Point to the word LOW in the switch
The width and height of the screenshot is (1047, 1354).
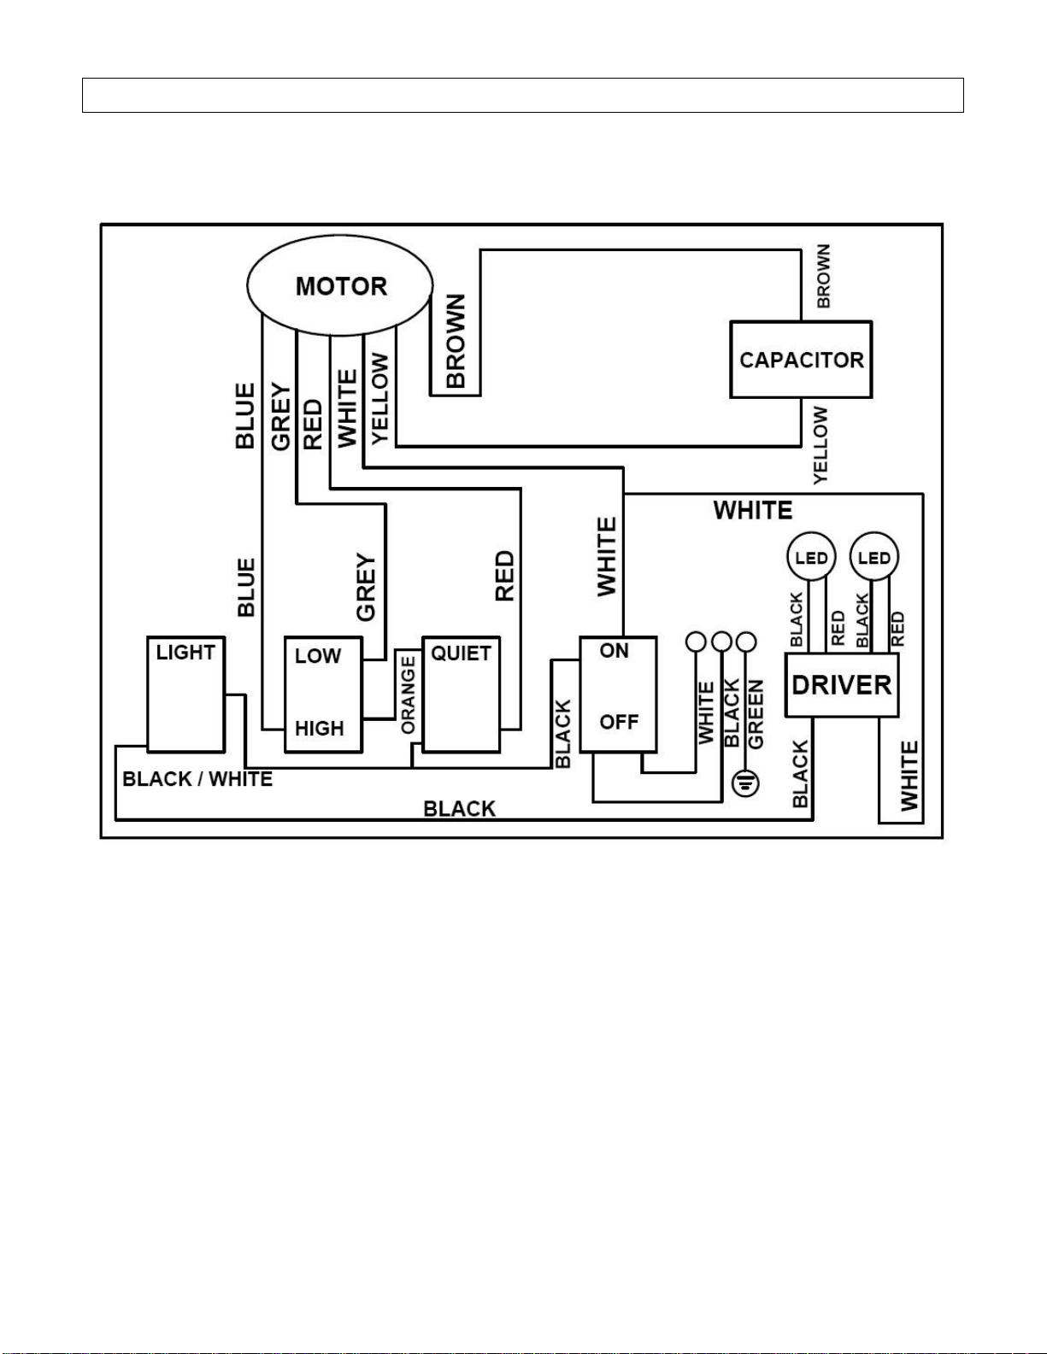[x=318, y=655]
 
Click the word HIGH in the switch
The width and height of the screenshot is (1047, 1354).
[x=319, y=728]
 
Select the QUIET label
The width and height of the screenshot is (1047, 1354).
[x=462, y=654]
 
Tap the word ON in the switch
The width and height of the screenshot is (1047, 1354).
[x=614, y=651]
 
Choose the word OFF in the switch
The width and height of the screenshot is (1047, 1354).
[x=619, y=722]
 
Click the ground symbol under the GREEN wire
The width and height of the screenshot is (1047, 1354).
[x=745, y=783]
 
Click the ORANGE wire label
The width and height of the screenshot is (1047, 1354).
[x=409, y=695]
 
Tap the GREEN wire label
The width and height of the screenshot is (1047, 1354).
[x=756, y=714]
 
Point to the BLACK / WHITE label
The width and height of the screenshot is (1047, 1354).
[x=197, y=779]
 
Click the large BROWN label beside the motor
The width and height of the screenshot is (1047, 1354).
[x=456, y=341]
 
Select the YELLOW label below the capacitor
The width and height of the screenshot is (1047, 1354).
[x=821, y=445]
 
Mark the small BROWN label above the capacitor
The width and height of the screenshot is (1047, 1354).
[x=823, y=276]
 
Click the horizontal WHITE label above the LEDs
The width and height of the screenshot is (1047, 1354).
[x=753, y=510]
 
